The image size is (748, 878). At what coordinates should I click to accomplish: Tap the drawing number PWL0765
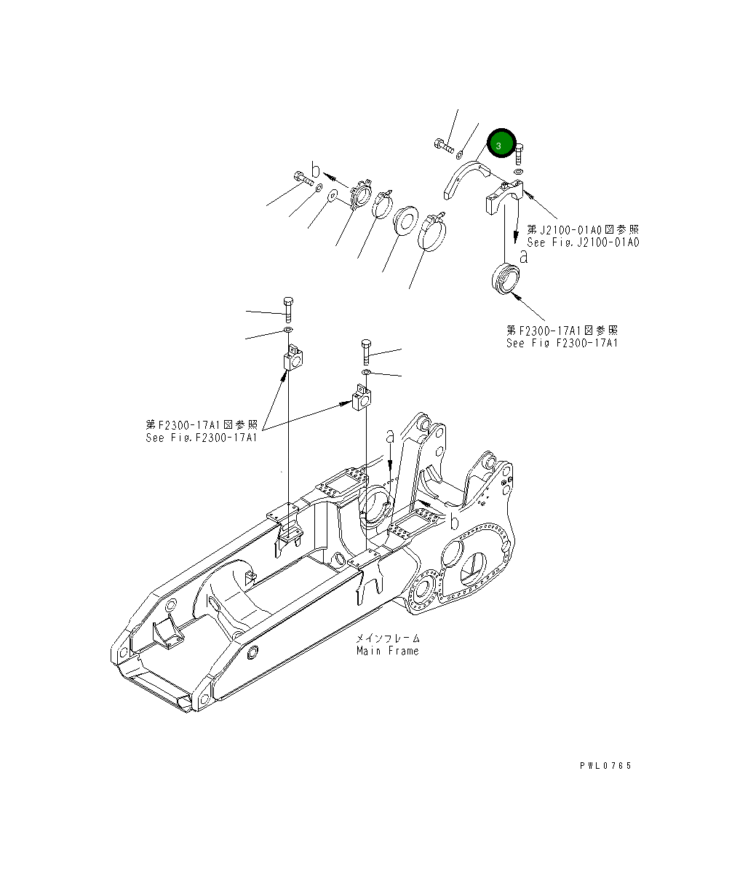pyautogui.click(x=605, y=765)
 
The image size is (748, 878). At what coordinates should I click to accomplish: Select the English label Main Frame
pyautogui.click(x=387, y=651)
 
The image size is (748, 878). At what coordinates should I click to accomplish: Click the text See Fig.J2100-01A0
pyautogui.click(x=583, y=242)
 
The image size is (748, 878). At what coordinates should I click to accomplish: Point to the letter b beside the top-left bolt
pyautogui.click(x=315, y=170)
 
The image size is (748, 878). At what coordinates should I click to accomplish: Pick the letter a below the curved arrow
pyautogui.click(x=523, y=256)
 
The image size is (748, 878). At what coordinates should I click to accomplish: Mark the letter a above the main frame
pyautogui.click(x=390, y=436)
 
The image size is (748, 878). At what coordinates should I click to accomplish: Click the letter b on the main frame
pyautogui.click(x=454, y=521)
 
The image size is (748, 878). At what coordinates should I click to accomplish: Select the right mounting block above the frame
pyautogui.click(x=362, y=398)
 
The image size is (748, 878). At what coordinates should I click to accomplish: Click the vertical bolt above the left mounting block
pyautogui.click(x=288, y=309)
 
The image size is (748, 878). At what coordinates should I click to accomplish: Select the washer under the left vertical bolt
pyautogui.click(x=287, y=332)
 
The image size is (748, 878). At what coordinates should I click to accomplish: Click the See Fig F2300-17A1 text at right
pyautogui.click(x=562, y=343)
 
